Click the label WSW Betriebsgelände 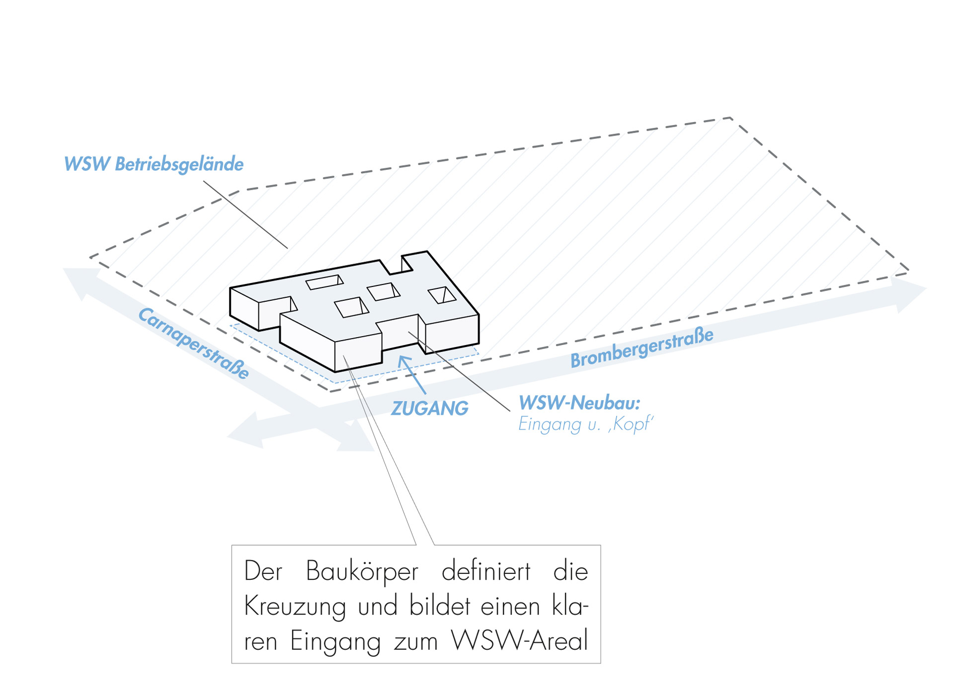(x=154, y=164)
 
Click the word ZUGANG (x=430, y=409)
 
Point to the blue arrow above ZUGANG (x=412, y=373)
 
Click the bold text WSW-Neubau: (x=579, y=403)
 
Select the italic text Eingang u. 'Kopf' (x=585, y=424)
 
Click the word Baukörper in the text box (x=362, y=571)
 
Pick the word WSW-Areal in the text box (x=519, y=641)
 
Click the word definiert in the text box (x=486, y=571)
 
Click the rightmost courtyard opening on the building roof (x=442, y=295)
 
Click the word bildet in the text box (x=439, y=606)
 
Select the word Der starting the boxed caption (x=263, y=571)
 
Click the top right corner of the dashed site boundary (x=730, y=118)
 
